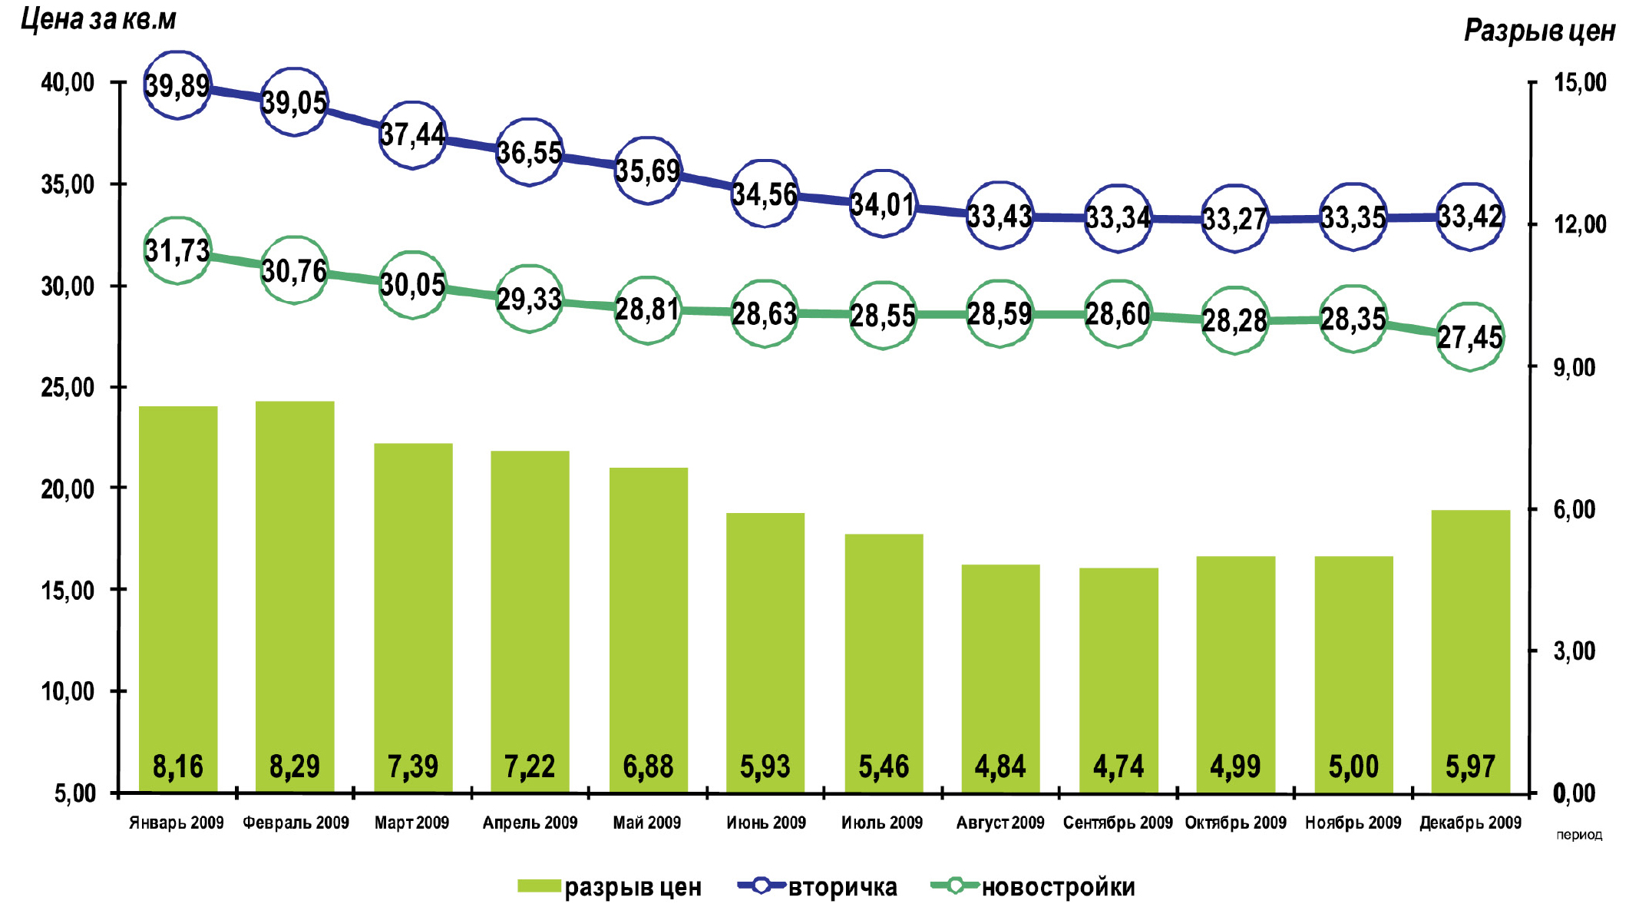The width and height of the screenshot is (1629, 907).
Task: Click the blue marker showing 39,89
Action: click(177, 85)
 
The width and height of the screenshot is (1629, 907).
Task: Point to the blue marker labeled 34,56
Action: click(765, 194)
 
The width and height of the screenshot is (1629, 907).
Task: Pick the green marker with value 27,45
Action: click(1469, 336)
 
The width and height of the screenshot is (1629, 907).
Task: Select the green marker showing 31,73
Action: click(177, 250)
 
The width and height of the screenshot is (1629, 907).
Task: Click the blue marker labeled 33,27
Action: click(1234, 219)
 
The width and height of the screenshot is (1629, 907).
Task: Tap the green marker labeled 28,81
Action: click(647, 310)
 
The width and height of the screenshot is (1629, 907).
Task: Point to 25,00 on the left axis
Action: click(68, 388)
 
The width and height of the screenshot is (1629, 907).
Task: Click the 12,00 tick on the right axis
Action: click(1580, 224)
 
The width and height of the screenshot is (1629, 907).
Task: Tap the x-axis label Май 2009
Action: click(646, 823)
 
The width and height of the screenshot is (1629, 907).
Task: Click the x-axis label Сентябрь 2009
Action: click(1118, 823)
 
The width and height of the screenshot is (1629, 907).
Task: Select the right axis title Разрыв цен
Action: click(1539, 31)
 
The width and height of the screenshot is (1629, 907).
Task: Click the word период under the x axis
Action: click(1579, 836)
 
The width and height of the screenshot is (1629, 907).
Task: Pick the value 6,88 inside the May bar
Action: click(648, 766)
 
